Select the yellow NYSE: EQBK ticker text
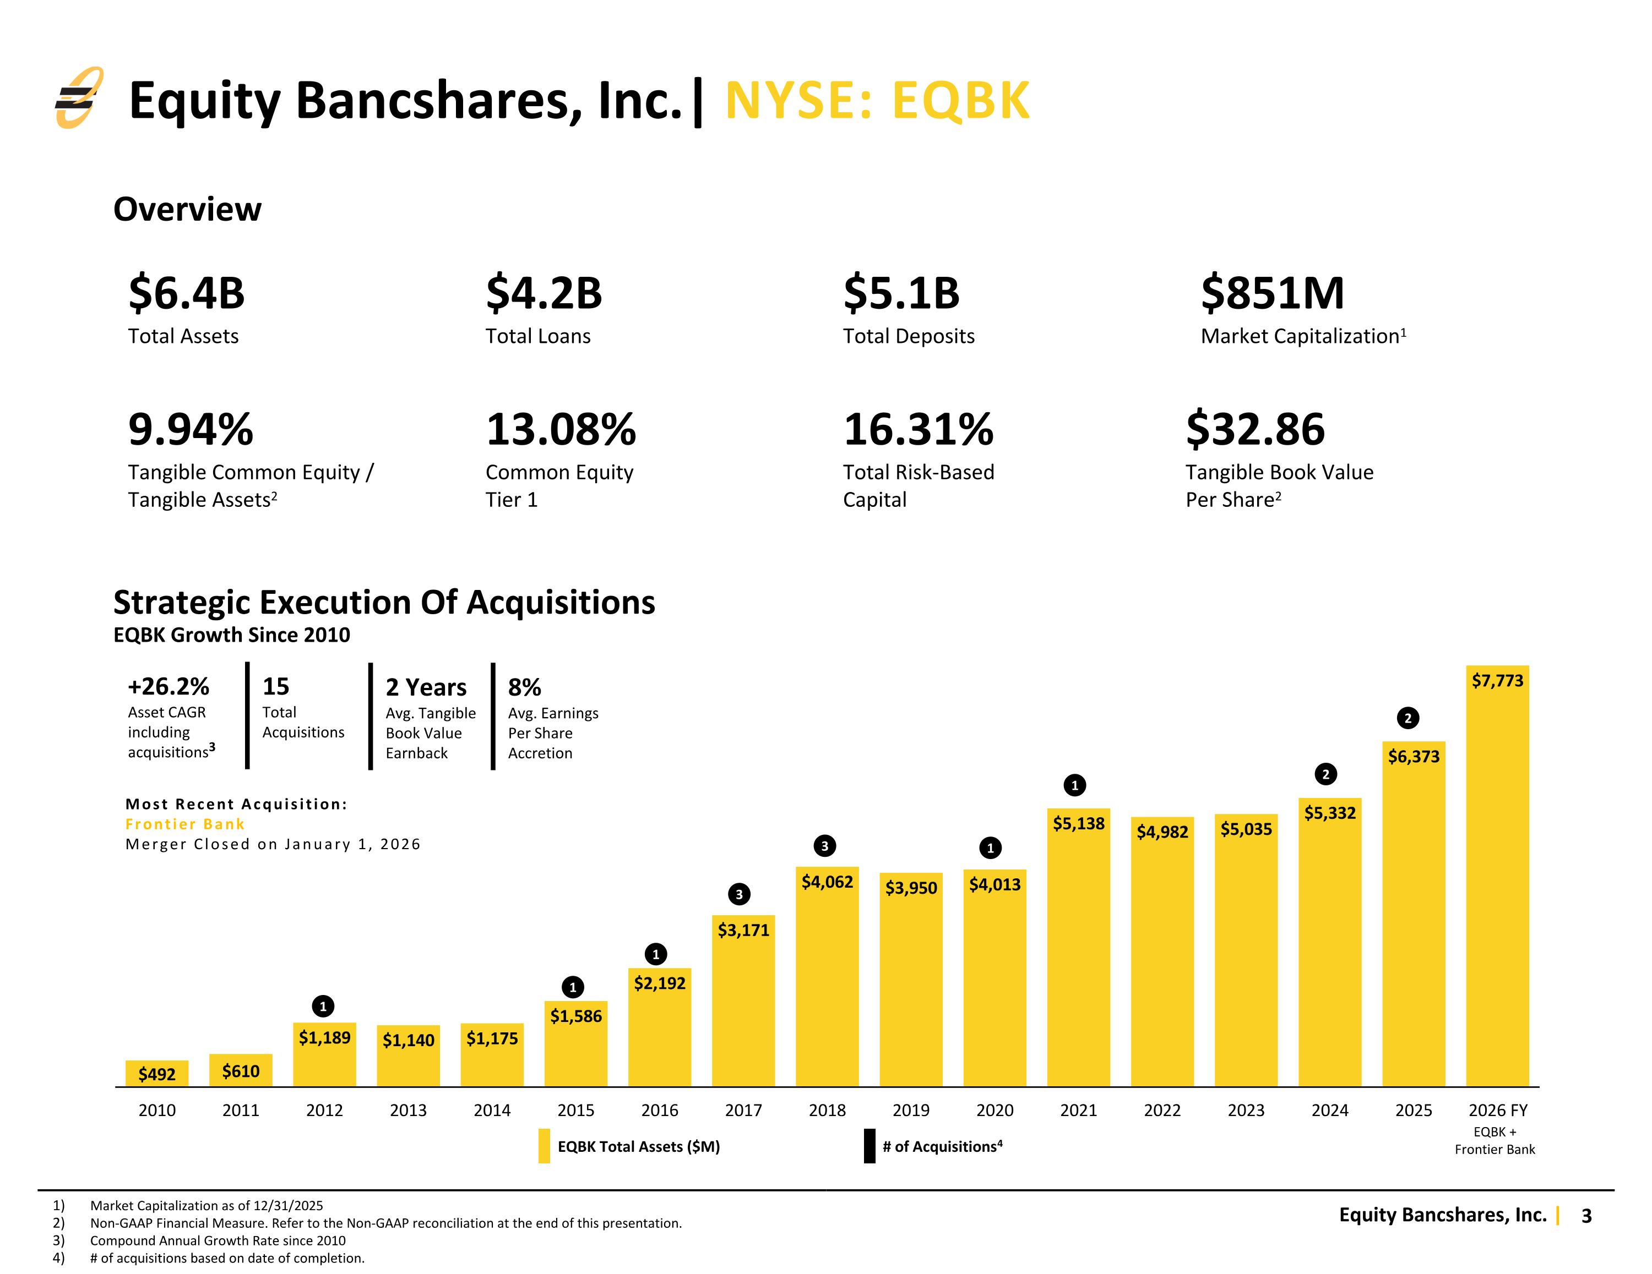click(x=877, y=101)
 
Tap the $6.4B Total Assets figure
click(x=187, y=293)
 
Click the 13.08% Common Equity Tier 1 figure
click(x=561, y=429)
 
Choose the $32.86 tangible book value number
click(x=1256, y=429)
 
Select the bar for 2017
click(x=743, y=1001)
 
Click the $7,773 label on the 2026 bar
click(x=1498, y=680)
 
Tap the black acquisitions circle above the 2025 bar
click(x=1408, y=718)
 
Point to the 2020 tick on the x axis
click(x=995, y=1110)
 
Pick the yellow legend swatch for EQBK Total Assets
click(x=544, y=1146)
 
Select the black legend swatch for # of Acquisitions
click(x=870, y=1146)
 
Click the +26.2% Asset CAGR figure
click(x=168, y=686)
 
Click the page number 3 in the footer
click(x=1587, y=1216)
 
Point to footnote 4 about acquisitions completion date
click(x=227, y=1258)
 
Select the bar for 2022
click(x=1162, y=952)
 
